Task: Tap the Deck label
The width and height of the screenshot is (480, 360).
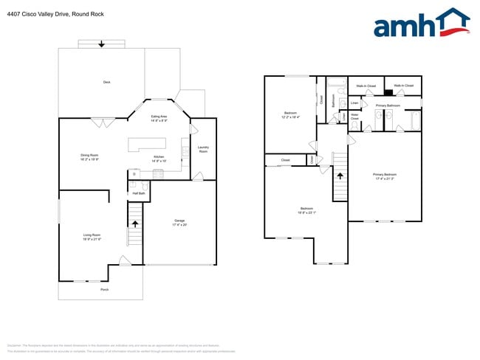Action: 106,82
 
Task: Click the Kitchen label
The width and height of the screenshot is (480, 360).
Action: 159,158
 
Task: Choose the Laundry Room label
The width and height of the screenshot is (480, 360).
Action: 203,149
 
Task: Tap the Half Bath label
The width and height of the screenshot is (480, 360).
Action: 138,193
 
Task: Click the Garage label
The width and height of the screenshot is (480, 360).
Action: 179,221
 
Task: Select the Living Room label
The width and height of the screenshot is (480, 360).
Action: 92,236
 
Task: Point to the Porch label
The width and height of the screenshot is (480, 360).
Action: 105,289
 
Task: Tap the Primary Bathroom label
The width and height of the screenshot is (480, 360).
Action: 388,106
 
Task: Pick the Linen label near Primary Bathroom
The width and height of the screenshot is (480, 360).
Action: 354,103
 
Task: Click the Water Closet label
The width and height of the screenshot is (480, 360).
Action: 354,117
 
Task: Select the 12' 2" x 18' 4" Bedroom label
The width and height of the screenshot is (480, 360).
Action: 290,115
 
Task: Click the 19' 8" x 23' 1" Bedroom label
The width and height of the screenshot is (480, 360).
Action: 306,210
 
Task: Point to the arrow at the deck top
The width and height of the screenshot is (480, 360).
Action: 102,44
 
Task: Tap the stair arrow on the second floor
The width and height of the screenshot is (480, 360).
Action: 340,176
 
